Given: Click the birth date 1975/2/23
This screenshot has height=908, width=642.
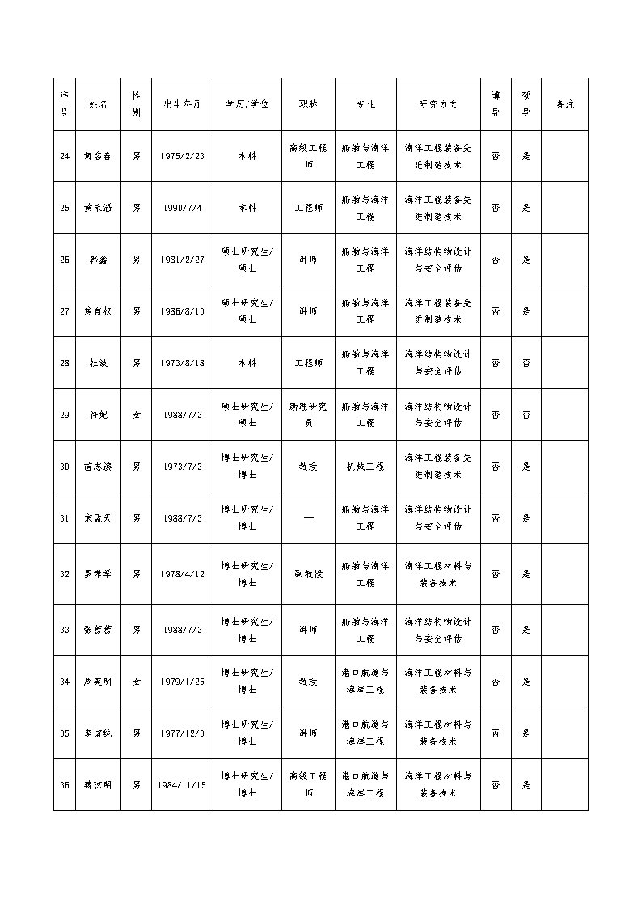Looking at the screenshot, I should tap(182, 155).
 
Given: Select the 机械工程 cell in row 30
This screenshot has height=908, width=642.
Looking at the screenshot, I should tap(365, 467).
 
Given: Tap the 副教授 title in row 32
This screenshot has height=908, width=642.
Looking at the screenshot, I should tap(308, 574).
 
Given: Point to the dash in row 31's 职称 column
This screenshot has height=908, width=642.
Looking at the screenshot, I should tap(308, 517).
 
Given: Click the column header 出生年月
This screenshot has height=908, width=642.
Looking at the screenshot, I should tap(182, 104).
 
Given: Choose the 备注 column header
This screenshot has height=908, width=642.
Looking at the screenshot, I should tap(564, 104).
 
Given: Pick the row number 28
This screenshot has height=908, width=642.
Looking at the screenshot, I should tap(65, 363).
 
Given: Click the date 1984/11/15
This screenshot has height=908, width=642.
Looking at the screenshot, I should tap(182, 785).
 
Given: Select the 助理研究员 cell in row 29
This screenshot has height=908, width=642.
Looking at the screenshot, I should tap(308, 415).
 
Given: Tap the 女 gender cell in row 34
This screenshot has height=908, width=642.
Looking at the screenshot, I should tap(136, 682).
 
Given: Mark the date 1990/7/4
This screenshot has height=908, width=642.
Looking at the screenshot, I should tap(182, 208).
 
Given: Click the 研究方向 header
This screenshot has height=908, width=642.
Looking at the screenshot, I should tap(437, 104).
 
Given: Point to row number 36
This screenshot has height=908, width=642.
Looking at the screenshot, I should tap(65, 785).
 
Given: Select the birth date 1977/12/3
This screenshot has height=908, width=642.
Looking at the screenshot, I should tap(182, 733).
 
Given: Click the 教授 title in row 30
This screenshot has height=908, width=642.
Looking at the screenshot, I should tap(308, 467).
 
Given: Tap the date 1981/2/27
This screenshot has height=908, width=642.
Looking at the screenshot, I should tap(182, 260).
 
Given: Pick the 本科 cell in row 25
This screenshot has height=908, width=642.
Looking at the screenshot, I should tap(247, 208).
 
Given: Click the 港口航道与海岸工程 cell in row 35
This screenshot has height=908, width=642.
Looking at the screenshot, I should tap(365, 733).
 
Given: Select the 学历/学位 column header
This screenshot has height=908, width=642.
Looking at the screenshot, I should tap(247, 104).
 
